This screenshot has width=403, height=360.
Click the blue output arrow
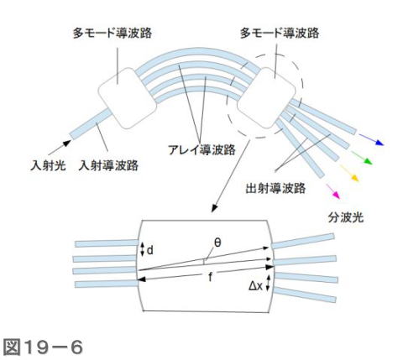tap(371, 139)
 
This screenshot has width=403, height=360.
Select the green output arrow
tap(362, 158)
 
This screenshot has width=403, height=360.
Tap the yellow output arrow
tap(349, 173)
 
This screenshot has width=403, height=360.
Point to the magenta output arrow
tap(333, 191)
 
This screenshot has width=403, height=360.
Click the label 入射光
tap(48, 165)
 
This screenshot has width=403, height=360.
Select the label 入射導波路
tap(108, 165)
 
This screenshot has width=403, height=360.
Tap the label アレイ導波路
tap(201, 150)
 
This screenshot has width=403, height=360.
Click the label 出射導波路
tap(275, 188)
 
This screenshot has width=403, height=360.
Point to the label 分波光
tap(346, 217)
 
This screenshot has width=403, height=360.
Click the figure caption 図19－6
tap(44, 347)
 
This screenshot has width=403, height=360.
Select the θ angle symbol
tap(217, 243)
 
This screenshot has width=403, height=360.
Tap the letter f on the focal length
tap(210, 278)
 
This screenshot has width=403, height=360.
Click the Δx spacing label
tap(256, 286)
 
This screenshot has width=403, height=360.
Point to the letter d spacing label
tap(150, 250)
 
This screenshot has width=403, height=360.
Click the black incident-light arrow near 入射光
tap(60, 148)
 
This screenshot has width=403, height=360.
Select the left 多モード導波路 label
tap(113, 33)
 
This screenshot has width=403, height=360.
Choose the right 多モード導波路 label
tap(280, 33)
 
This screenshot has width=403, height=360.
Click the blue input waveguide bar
tap(91, 124)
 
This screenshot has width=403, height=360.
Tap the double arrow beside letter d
tap(142, 249)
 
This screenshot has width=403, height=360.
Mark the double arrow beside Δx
tap(268, 283)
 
